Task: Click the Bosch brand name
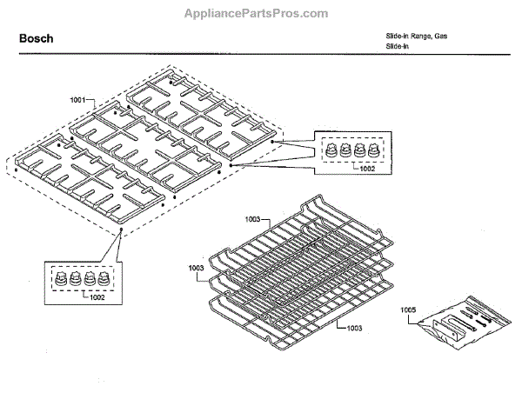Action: tap(36, 39)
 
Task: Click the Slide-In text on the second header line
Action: tap(398, 46)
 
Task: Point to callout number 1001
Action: tap(78, 101)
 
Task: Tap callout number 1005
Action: tap(409, 309)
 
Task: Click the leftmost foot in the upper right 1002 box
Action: tap(331, 151)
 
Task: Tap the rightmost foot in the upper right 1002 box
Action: tap(372, 151)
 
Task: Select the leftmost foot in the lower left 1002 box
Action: tap(60, 280)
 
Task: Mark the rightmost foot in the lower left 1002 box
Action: tap(102, 280)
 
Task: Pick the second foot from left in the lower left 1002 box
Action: tap(74, 280)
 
